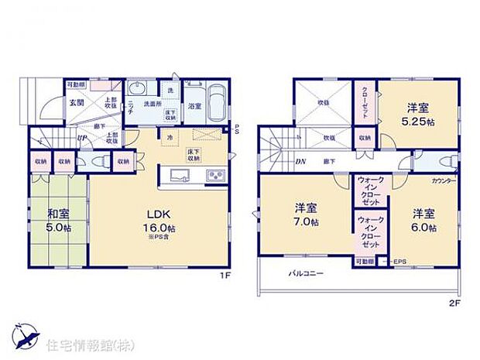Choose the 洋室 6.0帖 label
423,220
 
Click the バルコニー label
306,273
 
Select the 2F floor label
454,301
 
